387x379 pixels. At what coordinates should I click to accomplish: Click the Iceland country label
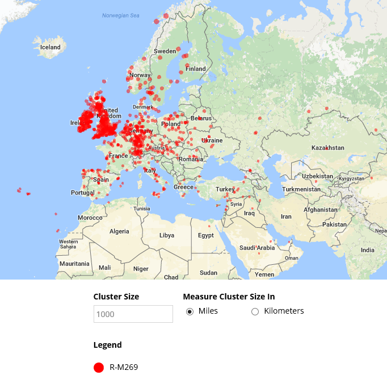pyautogui.click(x=50, y=47)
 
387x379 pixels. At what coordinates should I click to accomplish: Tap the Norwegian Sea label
pyautogui.click(x=120, y=15)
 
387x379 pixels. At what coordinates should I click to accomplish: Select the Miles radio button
pyautogui.click(x=190, y=311)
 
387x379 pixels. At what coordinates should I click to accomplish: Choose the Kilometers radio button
pyautogui.click(x=255, y=311)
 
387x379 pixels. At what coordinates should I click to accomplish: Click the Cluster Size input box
pyautogui.click(x=133, y=314)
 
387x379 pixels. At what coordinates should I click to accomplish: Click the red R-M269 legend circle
pyautogui.click(x=99, y=368)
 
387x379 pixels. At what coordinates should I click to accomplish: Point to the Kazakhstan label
pyautogui.click(x=327, y=148)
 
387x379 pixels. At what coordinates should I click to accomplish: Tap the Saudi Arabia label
pyautogui.click(x=258, y=248)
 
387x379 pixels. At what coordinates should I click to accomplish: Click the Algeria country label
pyautogui.click(x=119, y=231)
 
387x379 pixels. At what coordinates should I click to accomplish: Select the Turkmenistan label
pyautogui.click(x=302, y=189)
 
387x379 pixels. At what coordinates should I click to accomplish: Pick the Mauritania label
pyautogui.click(x=74, y=264)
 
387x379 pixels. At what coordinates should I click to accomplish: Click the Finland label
pyautogui.click(x=196, y=69)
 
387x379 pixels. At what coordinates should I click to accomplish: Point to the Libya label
pyautogui.click(x=167, y=235)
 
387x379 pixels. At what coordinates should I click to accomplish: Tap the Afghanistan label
pyautogui.click(x=321, y=209)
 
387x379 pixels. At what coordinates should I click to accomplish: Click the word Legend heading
pyautogui.click(x=107, y=345)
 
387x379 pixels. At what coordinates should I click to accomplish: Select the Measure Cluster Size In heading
pyautogui.click(x=237, y=297)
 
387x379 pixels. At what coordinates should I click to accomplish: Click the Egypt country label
pyautogui.click(x=206, y=235)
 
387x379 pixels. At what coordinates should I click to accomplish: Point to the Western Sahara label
pyautogui.click(x=69, y=244)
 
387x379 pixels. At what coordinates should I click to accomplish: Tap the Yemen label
pyautogui.click(x=264, y=274)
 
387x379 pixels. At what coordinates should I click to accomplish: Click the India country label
pyautogui.click(x=368, y=250)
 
